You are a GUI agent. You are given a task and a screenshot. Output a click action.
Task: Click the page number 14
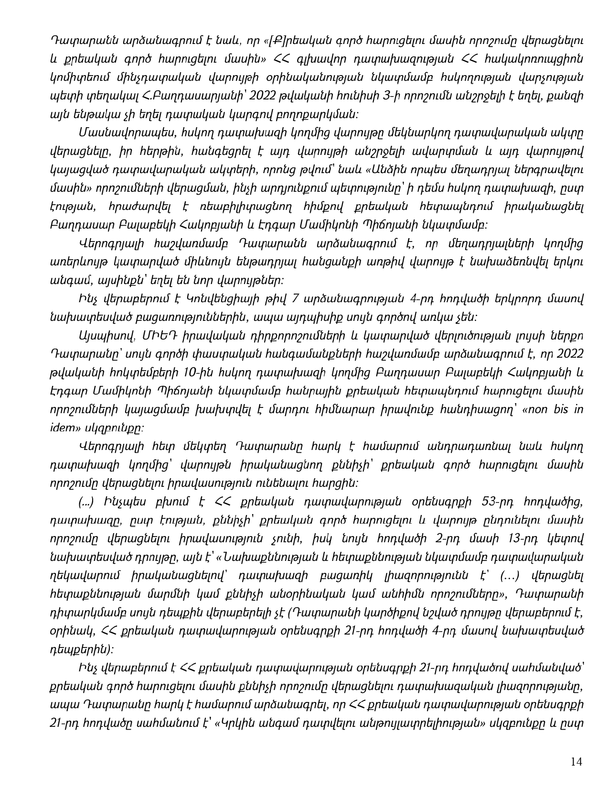[x=577, y=762]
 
